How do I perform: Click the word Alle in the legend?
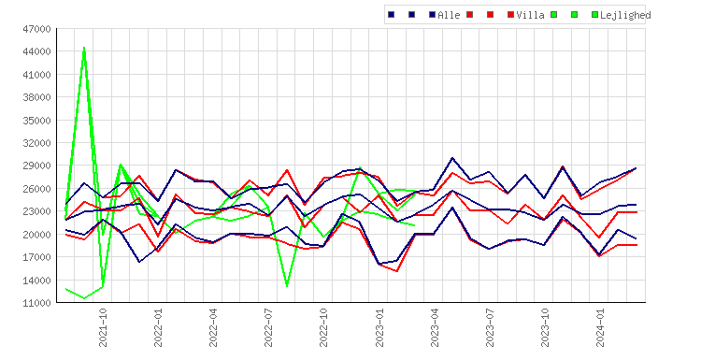click(x=449, y=15)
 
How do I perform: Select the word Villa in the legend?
click(x=530, y=15)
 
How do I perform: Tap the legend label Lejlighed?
click(x=625, y=15)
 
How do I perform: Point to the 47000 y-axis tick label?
click(x=36, y=29)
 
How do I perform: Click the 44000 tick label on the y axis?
click(x=36, y=51)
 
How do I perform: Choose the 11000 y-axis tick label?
click(x=36, y=303)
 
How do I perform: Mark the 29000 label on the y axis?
click(x=36, y=166)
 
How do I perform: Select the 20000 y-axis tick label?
click(x=36, y=235)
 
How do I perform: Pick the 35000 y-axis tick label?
click(x=36, y=121)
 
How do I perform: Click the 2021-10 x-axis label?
click(x=103, y=327)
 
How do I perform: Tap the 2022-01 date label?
click(x=158, y=327)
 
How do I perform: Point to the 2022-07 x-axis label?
click(x=268, y=327)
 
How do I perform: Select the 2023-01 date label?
click(x=379, y=327)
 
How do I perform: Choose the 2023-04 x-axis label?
click(x=435, y=327)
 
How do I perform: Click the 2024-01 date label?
click(x=600, y=327)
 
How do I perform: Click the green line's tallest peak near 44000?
click(x=84, y=48)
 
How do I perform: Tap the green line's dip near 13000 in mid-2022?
click(x=287, y=286)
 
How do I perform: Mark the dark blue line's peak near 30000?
click(x=452, y=158)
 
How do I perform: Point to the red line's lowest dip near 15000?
click(x=396, y=271)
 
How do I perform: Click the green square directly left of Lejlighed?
click(x=594, y=15)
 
